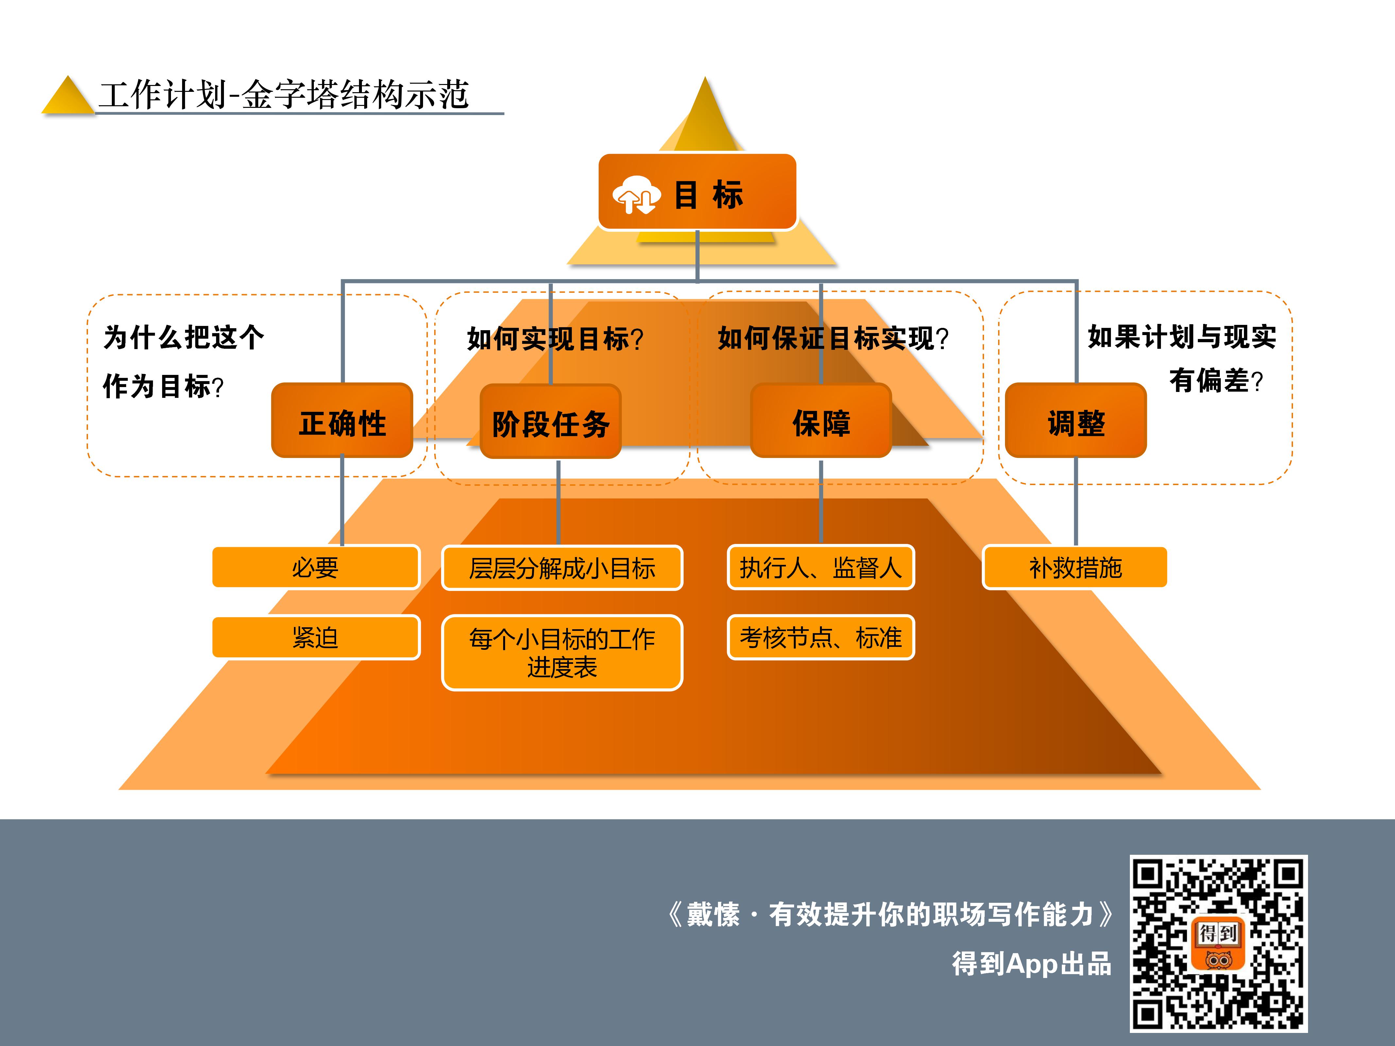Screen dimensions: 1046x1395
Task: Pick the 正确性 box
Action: click(x=342, y=421)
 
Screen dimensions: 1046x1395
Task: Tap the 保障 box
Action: click(x=821, y=421)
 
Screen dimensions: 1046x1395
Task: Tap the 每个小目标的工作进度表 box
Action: click(x=562, y=652)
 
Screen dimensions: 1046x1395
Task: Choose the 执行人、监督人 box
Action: click(x=821, y=567)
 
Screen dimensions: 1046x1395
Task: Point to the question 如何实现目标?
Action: click(x=555, y=339)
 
